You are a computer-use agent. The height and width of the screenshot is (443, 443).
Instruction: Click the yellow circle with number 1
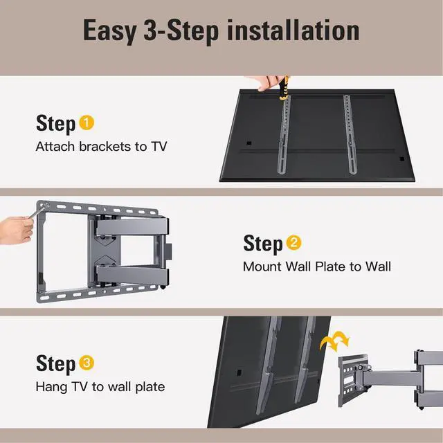(87, 123)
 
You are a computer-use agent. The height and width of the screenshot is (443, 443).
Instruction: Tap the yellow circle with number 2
(293, 243)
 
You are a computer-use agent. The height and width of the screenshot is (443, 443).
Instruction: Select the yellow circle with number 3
(87, 363)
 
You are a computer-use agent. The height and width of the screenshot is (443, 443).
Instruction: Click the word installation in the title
(293, 30)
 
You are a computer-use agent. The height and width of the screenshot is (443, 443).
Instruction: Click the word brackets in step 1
(105, 146)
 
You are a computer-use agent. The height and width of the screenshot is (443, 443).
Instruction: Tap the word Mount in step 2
(262, 266)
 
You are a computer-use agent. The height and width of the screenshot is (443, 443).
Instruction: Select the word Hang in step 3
(51, 387)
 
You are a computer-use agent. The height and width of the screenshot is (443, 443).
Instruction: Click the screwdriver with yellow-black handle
(283, 88)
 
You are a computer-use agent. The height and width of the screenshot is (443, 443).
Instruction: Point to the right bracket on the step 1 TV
(350, 134)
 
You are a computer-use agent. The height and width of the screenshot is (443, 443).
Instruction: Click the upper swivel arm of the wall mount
(132, 227)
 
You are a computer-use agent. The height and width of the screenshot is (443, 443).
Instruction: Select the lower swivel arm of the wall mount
(132, 275)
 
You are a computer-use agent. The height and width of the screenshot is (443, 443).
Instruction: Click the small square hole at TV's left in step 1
(249, 143)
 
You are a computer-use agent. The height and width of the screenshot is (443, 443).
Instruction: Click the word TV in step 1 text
(159, 146)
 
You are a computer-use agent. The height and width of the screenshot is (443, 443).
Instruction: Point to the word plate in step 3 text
(150, 387)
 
